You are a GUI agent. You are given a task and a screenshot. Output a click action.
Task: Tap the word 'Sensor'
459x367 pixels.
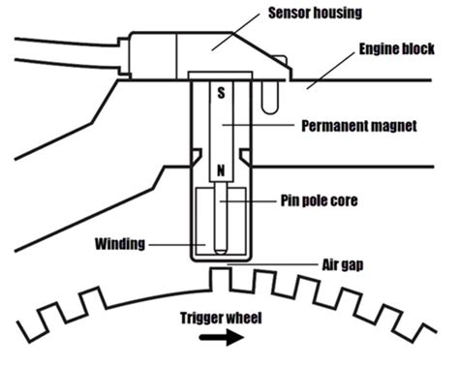(x=287, y=15)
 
